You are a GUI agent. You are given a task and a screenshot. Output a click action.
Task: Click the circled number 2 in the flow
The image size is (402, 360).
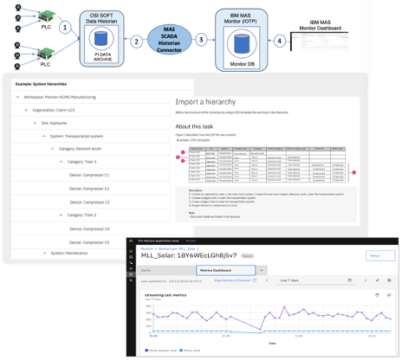[136, 41]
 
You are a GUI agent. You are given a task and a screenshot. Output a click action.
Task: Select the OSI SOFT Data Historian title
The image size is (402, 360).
[101, 16]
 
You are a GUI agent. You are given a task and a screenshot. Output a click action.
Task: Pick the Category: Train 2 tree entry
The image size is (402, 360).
[77, 214]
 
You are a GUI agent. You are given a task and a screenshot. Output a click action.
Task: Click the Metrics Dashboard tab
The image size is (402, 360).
[220, 271]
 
